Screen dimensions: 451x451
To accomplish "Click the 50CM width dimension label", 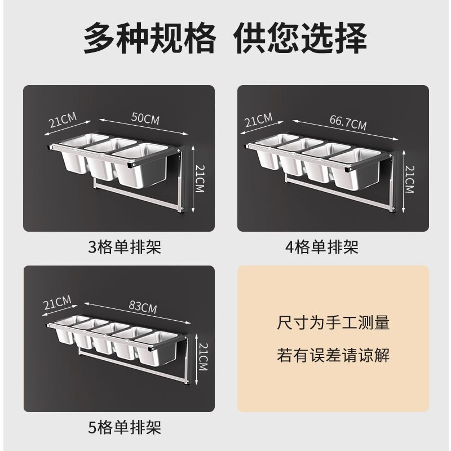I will tap(145, 118).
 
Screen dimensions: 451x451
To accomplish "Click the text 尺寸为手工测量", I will tap(333, 324).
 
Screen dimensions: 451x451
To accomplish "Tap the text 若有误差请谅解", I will tap(333, 355).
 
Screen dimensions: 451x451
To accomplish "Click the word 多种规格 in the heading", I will tap(149, 39).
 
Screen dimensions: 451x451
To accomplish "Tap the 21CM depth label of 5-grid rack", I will tap(58, 304).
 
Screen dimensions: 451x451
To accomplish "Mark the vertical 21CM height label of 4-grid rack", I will tap(409, 179).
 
